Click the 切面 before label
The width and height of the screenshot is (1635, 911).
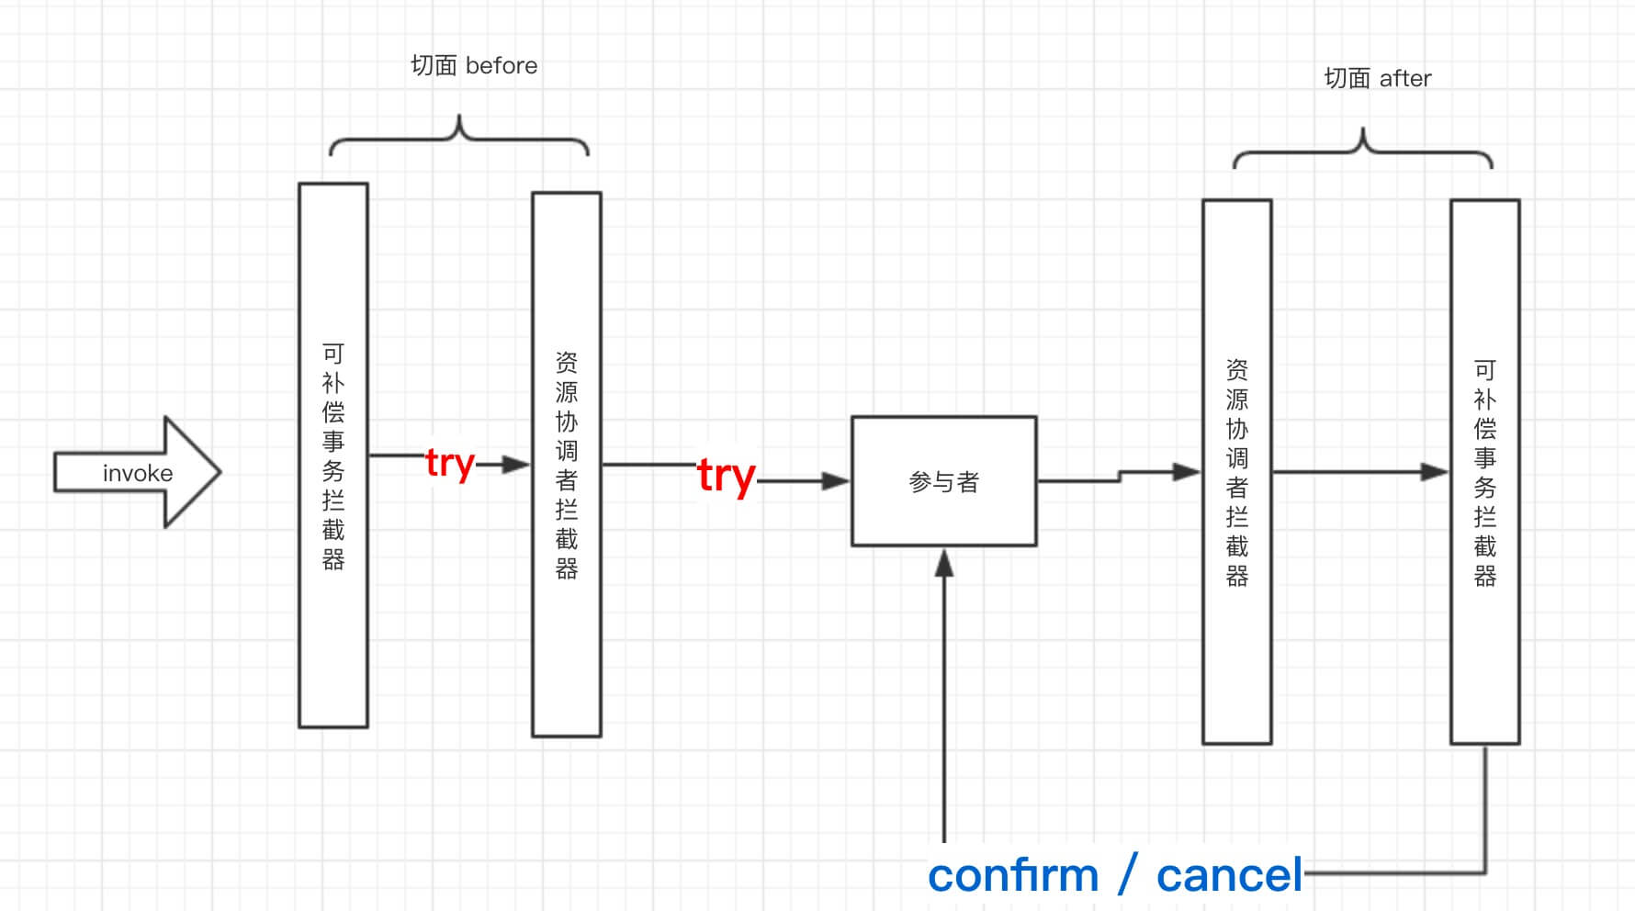(473, 66)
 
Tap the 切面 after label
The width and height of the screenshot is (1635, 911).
(1377, 79)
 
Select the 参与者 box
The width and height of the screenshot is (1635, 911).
(943, 481)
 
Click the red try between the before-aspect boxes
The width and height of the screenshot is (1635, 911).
(449, 463)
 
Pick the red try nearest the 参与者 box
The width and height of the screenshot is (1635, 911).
(726, 476)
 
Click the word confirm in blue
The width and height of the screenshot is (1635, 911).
(1012, 875)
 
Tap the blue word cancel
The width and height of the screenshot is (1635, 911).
(1229, 875)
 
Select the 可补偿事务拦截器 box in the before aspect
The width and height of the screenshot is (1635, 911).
(333, 455)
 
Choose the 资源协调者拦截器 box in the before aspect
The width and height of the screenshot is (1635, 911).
(567, 465)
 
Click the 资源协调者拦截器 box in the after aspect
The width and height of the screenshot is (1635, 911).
(1236, 472)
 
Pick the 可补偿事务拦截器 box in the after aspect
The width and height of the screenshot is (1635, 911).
(1484, 472)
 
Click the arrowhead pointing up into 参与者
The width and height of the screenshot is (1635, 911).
(944, 562)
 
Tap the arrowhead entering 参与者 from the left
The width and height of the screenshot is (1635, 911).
(836, 480)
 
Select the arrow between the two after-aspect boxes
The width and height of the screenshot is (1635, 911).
(1359, 472)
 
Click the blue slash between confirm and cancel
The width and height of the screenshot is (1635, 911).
(1128, 873)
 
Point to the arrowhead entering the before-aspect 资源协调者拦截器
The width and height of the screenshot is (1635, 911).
(516, 465)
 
